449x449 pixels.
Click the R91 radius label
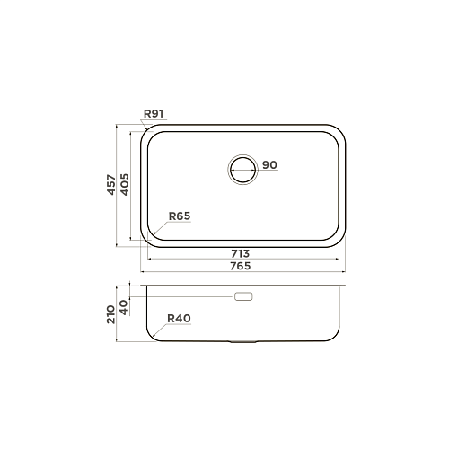click(x=154, y=114)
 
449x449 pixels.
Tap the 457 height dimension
click(x=111, y=185)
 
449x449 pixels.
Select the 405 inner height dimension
click(x=125, y=184)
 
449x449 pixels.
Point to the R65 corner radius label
click(x=180, y=216)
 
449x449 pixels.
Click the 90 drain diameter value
click(x=269, y=164)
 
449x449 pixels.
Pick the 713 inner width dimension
click(x=240, y=253)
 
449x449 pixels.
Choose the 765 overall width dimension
click(x=240, y=266)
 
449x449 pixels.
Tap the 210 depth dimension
click(x=111, y=314)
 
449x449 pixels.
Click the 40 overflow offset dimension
click(x=124, y=307)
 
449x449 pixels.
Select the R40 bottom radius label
click(x=179, y=318)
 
